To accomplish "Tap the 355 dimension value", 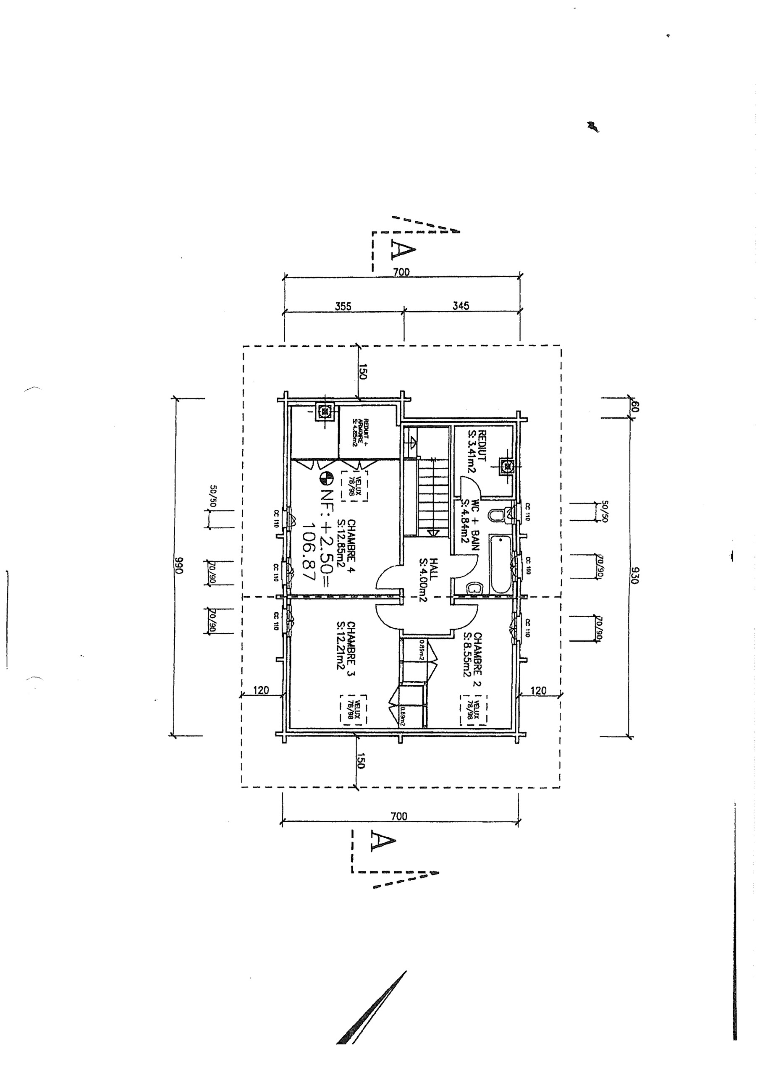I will [343, 306].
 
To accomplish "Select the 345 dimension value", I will [461, 306].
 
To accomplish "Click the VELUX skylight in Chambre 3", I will [354, 710].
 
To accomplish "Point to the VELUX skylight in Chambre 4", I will [354, 485].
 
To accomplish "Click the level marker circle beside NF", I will [326, 478].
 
